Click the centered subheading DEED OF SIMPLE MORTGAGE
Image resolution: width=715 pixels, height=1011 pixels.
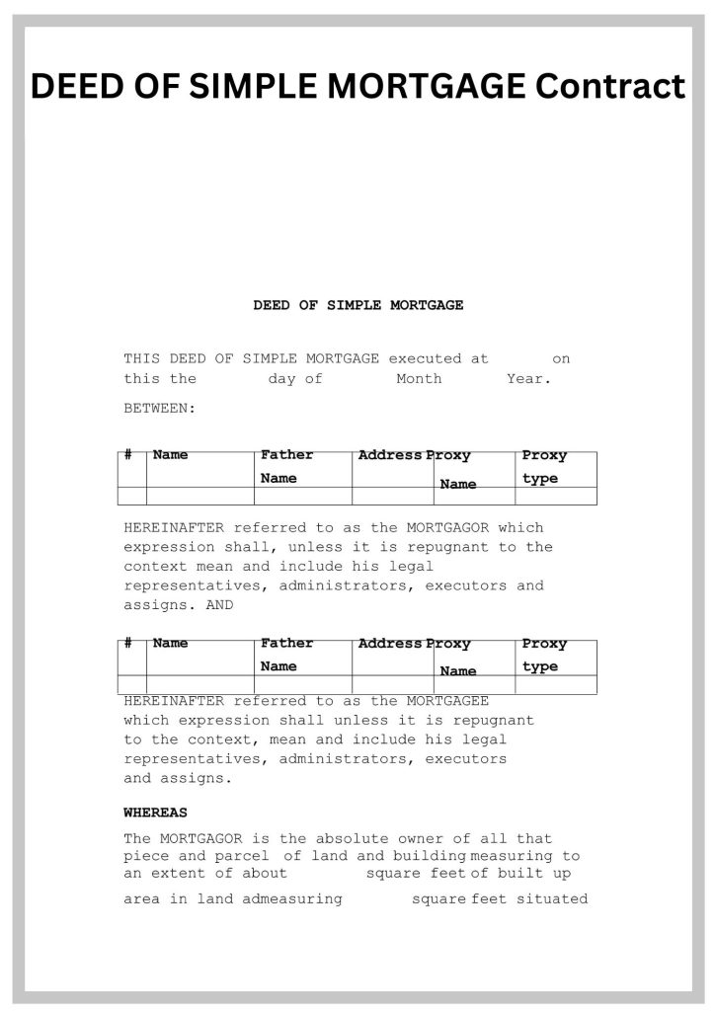coord(357,305)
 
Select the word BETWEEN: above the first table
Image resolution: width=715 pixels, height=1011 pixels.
coord(159,407)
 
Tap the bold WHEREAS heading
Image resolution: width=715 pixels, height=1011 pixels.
coord(155,813)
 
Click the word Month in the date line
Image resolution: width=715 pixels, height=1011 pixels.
coord(419,379)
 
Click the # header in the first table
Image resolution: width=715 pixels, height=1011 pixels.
coord(128,455)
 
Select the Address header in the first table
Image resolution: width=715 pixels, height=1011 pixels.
coord(390,455)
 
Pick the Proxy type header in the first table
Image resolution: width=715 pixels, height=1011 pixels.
coord(544,466)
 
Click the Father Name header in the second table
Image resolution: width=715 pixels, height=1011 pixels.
coord(286,654)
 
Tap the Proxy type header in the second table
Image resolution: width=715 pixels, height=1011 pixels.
coord(544,655)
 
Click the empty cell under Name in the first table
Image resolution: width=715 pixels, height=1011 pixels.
coord(200,496)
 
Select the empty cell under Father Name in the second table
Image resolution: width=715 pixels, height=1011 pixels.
coord(303,684)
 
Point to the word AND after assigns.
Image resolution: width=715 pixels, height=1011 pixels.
coord(219,605)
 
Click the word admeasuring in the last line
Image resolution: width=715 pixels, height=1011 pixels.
coord(292,898)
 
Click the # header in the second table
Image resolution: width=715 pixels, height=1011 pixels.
coord(128,643)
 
